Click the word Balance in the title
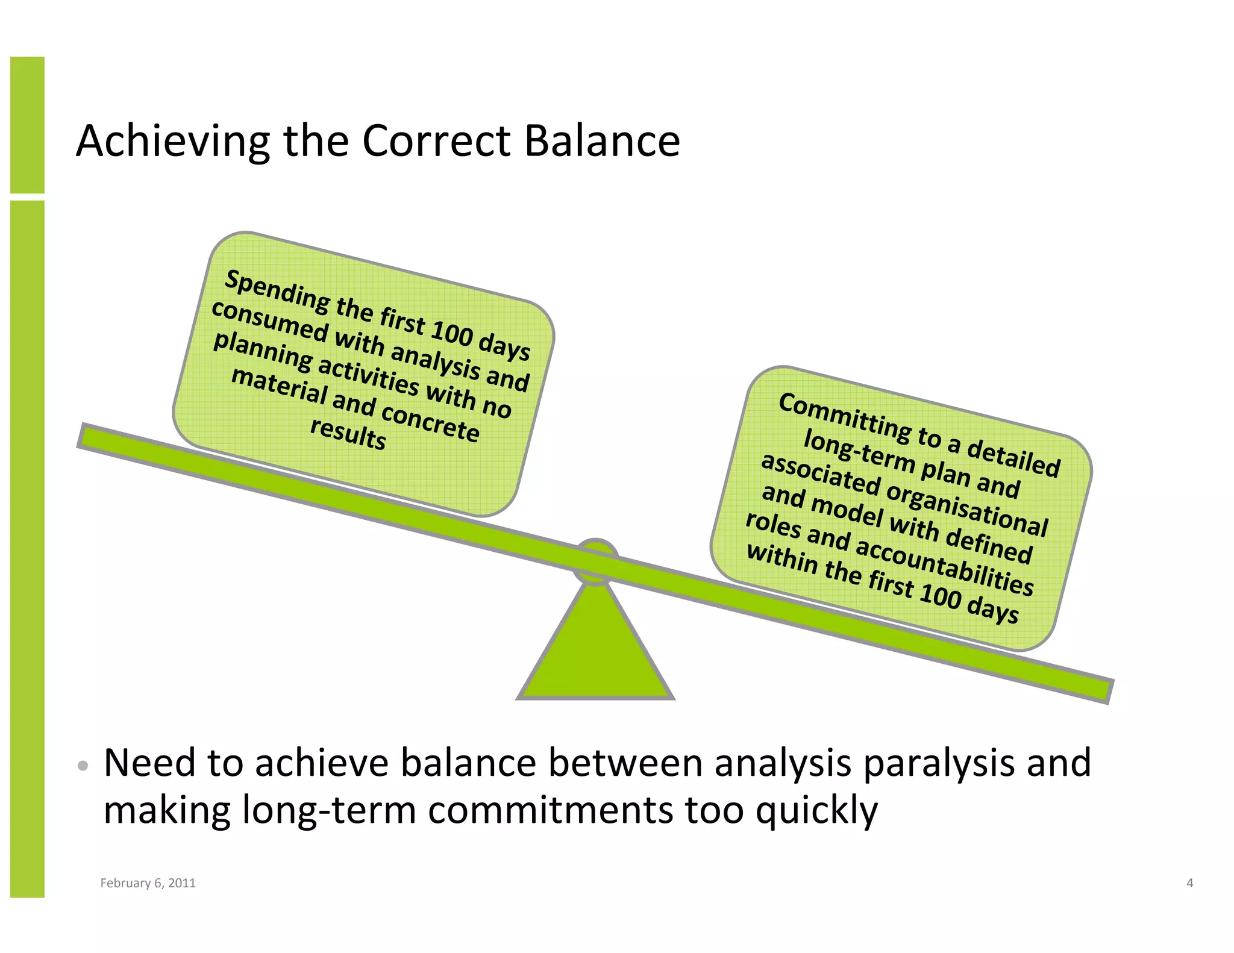point(601,141)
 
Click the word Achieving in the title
point(172,142)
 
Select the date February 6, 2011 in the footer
point(148,883)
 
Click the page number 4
point(1189,883)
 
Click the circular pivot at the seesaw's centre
point(595,561)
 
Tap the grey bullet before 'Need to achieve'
point(83,766)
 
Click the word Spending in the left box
point(277,292)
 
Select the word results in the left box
point(348,433)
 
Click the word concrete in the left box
point(430,422)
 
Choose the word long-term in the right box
point(858,452)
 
